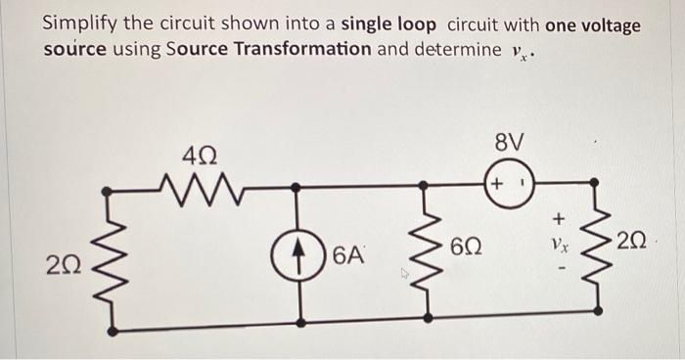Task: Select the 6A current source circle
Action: coord(296,256)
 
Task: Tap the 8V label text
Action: coord(510,144)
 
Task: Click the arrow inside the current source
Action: coord(296,256)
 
